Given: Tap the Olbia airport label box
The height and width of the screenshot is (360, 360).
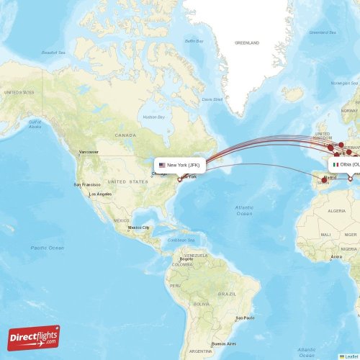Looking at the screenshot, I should (345, 164).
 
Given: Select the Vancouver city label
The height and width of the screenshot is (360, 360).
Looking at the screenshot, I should (89, 153).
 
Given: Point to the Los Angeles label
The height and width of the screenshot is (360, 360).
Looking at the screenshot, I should (100, 194).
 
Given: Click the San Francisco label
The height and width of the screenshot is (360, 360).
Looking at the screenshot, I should (86, 185).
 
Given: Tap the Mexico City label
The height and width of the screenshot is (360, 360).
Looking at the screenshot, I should (138, 228).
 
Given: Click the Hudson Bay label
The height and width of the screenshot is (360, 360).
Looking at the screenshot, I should (154, 117).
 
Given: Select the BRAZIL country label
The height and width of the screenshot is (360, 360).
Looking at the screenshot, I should (227, 294).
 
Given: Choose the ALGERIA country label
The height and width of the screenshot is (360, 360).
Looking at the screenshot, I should (336, 211).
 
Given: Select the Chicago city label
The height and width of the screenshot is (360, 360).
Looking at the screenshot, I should (161, 173).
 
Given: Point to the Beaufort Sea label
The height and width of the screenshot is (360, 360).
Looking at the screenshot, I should (53, 52).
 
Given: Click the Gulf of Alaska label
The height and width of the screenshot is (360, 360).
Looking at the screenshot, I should (33, 124).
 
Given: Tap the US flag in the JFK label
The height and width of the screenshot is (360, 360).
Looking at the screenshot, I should (162, 165).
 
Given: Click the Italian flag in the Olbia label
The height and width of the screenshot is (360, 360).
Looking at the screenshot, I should (335, 164).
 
